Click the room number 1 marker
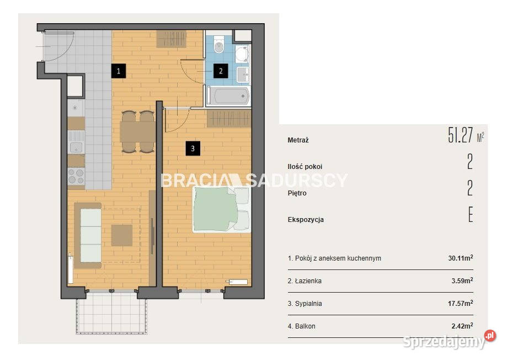pos(119,71)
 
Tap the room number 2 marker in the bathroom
pos(221,71)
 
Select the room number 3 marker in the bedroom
pos(193,149)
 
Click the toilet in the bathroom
pos(219,45)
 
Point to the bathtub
pos(228,96)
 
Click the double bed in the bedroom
pos(221,209)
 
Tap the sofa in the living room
pos(88,235)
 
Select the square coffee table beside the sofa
pos(122,235)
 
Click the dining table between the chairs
pos(138,132)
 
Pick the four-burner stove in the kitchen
pos(76,176)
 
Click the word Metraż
pos(298,140)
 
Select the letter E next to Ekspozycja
pos(471,214)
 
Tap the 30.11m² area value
pos(461,258)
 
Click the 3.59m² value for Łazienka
pos(462,280)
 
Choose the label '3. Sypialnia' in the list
pos(305,304)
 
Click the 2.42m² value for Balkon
pos(462,326)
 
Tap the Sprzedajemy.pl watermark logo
pos(449,341)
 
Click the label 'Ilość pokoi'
pos(305,167)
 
